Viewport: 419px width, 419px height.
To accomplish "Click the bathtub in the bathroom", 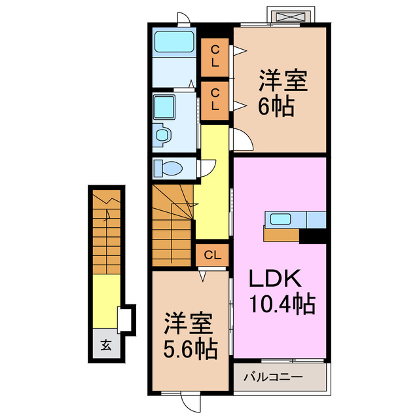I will click(x=174, y=44).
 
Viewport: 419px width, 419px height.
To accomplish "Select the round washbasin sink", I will click(x=162, y=136).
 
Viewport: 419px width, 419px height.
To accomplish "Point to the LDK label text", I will click(x=274, y=280).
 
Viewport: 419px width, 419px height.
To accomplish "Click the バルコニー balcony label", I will click(x=273, y=377).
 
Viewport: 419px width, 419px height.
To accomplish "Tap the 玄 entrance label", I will click(x=105, y=345).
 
